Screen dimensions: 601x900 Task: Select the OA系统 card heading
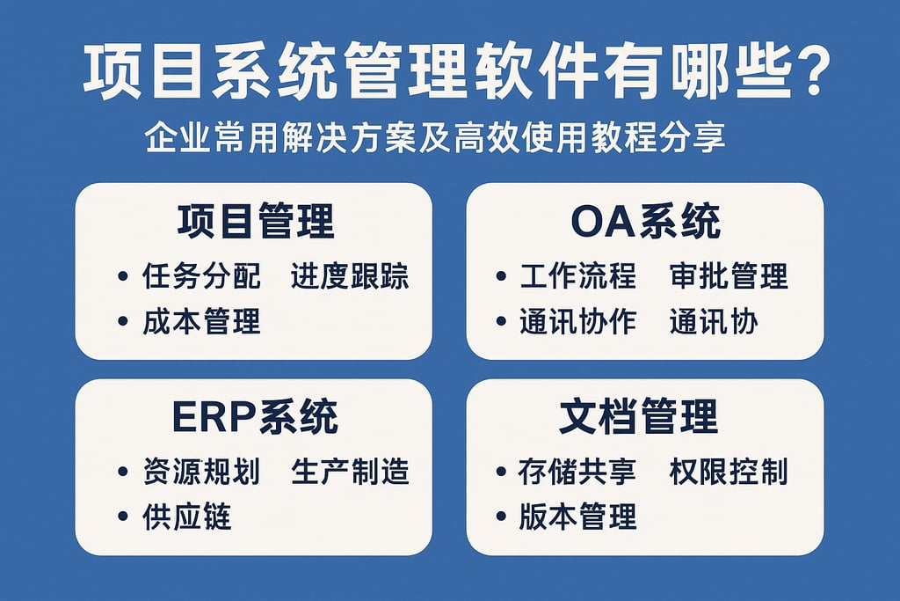[644, 221]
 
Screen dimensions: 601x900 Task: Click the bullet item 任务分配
[201, 276]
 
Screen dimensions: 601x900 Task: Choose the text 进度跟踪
[350, 276]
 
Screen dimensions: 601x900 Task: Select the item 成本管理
[201, 321]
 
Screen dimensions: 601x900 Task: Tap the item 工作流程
[577, 276]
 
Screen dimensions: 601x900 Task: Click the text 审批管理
[728, 276]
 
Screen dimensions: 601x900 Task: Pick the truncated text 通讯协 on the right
[713, 321]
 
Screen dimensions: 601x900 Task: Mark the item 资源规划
[201, 472]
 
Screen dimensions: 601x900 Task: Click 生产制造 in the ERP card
[350, 472]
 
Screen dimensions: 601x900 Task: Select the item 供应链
[186, 517]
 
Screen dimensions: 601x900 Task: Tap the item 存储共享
[577, 472]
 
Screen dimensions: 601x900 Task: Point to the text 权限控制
[728, 472]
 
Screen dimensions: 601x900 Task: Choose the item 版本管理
[577, 517]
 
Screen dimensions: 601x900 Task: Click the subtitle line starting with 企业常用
[435, 140]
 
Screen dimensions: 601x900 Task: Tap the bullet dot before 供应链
[123, 517]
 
